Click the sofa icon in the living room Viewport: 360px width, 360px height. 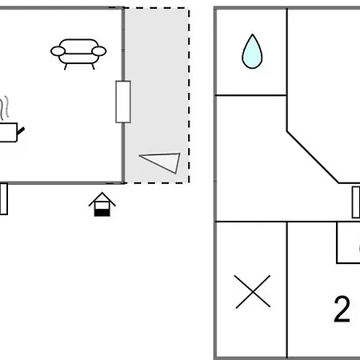(x=78, y=54)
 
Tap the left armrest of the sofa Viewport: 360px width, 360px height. (x=58, y=51)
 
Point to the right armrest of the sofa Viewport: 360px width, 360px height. (x=99, y=51)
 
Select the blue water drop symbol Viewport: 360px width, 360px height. (x=252, y=51)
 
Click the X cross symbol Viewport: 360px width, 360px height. (x=253, y=292)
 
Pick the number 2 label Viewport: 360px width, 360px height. (x=342, y=310)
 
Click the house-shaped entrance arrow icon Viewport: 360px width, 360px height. (x=102, y=204)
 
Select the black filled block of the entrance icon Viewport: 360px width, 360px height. (x=102, y=213)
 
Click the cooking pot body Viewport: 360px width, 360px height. (x=9, y=133)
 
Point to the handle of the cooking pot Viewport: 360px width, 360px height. (x=21, y=130)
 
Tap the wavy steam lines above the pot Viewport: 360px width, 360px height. (x=4, y=108)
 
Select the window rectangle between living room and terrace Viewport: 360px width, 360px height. (x=123, y=102)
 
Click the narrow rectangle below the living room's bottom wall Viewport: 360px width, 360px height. (x=4, y=199)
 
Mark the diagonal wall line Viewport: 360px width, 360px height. (x=313, y=157)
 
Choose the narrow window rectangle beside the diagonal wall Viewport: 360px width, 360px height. (x=356, y=202)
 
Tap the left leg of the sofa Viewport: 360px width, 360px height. (x=66, y=66)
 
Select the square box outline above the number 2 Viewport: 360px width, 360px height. (x=348, y=242)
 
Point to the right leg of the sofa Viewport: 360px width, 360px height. (x=93, y=66)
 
